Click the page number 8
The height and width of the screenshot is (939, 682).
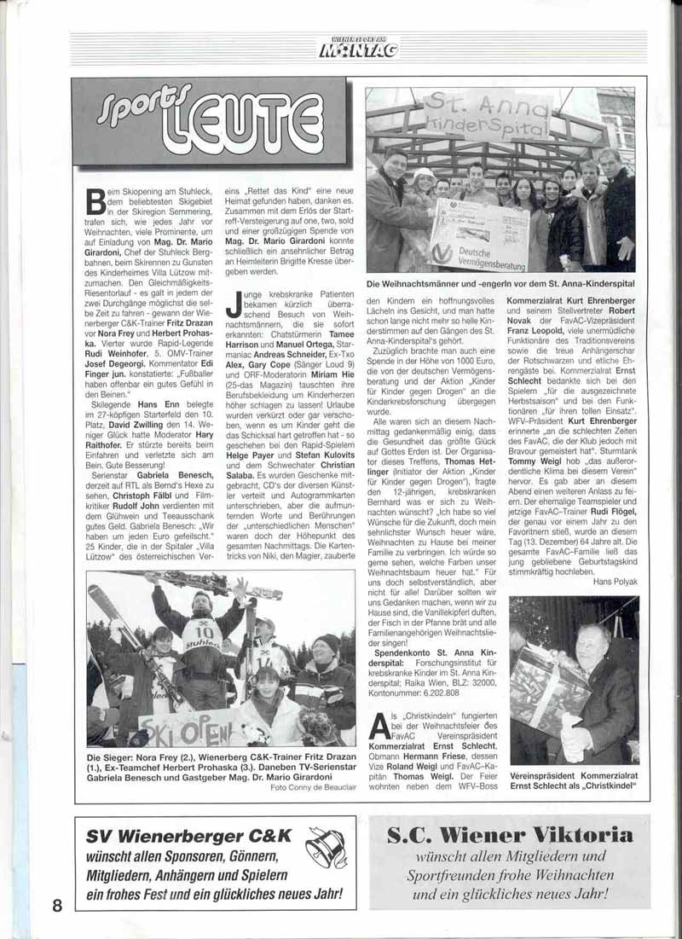[x=57, y=904]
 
